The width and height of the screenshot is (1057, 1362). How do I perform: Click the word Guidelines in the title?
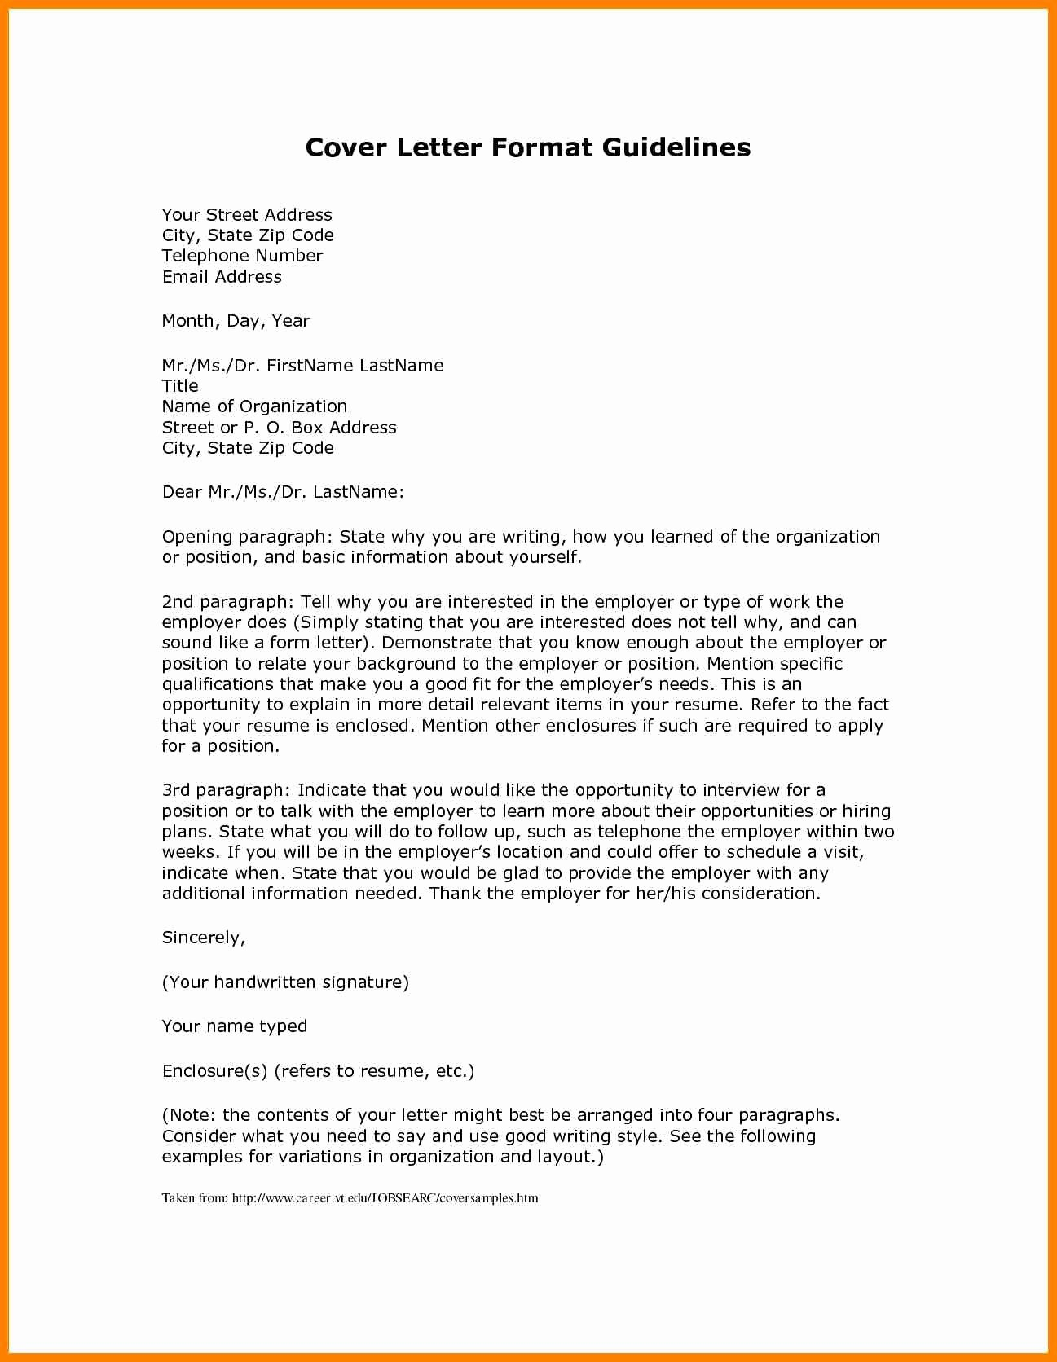click(676, 147)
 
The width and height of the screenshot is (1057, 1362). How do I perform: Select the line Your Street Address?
click(247, 215)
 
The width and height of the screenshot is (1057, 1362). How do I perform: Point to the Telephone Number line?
click(242, 256)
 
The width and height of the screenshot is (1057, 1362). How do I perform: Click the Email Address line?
click(222, 277)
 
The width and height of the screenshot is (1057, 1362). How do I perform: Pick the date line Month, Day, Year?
click(236, 321)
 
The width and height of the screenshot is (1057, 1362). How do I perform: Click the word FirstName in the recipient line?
click(310, 366)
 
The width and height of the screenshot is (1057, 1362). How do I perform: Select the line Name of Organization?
click(254, 406)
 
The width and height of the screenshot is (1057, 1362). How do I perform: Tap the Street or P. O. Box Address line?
click(279, 428)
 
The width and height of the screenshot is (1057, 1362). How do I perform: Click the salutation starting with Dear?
click(283, 492)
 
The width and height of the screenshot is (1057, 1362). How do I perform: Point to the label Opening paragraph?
click(247, 537)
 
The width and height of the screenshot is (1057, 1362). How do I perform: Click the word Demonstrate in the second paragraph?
click(436, 643)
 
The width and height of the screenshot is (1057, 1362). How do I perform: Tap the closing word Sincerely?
click(203, 938)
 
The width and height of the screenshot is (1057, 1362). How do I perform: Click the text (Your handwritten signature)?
click(285, 982)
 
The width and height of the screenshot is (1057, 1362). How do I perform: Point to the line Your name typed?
click(235, 1026)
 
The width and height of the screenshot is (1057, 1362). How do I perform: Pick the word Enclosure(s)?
click(214, 1071)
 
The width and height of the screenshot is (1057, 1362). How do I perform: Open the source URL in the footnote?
click(385, 1198)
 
